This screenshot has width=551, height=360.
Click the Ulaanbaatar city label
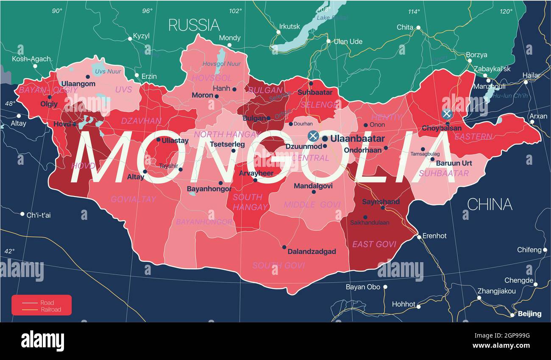357,138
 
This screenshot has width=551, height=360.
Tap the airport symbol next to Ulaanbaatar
313,136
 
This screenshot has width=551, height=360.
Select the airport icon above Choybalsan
446,114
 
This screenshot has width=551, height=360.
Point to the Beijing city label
529,314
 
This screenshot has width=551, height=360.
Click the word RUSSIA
194,25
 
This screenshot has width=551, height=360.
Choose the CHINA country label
489,205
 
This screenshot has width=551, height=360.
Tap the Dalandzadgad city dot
284,247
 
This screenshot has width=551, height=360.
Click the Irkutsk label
290,26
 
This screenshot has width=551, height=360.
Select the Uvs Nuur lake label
108,72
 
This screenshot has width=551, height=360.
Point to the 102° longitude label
236,11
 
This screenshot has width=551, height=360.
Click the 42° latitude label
9,251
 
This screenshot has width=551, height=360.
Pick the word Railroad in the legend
51,310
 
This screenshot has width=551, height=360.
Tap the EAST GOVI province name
374,244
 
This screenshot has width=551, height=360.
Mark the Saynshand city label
381,202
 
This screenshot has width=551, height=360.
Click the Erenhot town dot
419,237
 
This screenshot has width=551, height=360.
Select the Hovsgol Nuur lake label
222,64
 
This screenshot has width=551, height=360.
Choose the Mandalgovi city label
313,186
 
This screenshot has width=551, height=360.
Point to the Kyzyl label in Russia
141,36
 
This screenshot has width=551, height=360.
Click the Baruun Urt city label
454,163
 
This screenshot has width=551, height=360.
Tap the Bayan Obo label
363,287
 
